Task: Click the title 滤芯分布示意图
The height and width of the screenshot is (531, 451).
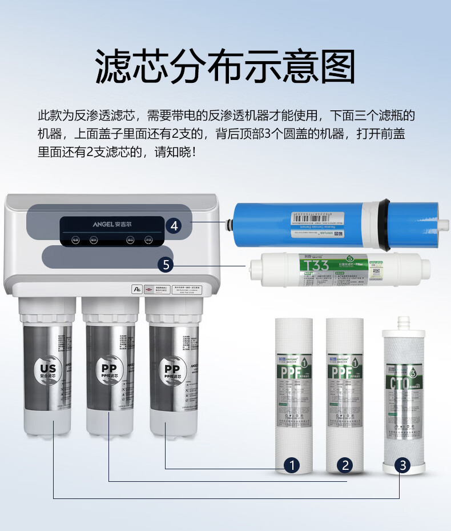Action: (x=225, y=67)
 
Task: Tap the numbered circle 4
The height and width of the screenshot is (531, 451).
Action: (x=175, y=226)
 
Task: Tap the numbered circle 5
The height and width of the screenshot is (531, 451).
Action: (x=166, y=264)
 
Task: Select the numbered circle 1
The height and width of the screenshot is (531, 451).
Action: (x=292, y=465)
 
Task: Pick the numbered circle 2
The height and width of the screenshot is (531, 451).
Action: (x=345, y=465)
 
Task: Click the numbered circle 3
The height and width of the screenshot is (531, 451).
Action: (x=403, y=465)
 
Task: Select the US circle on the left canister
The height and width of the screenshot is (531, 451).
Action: (x=45, y=368)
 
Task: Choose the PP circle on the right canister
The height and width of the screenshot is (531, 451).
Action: (x=171, y=369)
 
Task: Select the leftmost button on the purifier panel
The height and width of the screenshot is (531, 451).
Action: (x=75, y=240)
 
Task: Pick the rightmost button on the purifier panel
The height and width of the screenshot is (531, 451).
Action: (x=148, y=240)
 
